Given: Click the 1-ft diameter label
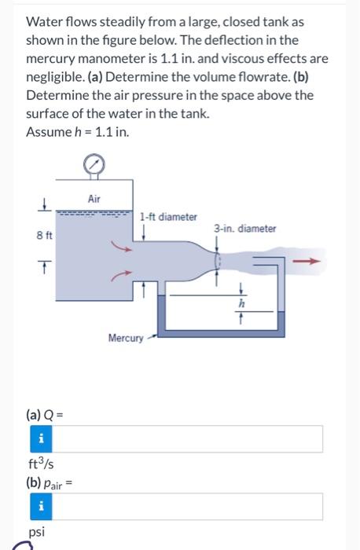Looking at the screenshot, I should coord(168,217).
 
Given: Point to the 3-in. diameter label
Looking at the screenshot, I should coord(244,229).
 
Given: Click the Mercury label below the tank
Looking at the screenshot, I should coord(125,339).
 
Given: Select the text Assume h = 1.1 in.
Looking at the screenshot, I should coord(77,131).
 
